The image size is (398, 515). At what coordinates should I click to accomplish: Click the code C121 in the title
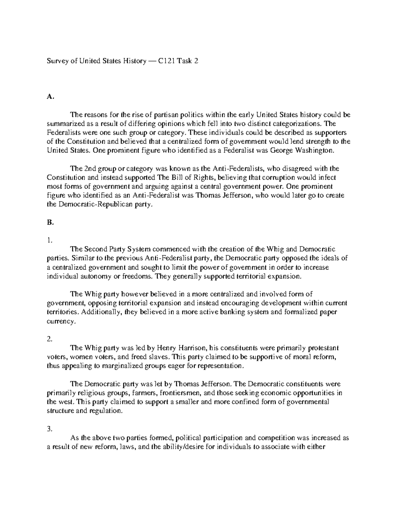coord(167,61)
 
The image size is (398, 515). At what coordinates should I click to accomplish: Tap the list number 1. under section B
coord(49,240)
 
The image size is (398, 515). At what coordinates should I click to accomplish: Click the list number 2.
coord(50,339)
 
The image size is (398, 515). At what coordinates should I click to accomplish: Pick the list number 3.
coord(50,429)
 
